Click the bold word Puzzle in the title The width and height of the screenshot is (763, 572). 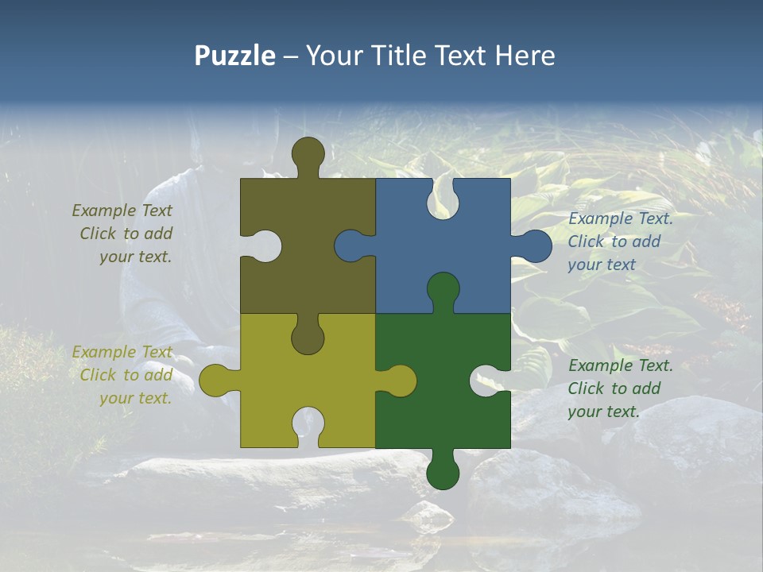[x=235, y=56]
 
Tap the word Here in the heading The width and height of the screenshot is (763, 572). [x=524, y=56]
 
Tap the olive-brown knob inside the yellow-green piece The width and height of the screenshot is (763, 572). [x=308, y=337]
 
